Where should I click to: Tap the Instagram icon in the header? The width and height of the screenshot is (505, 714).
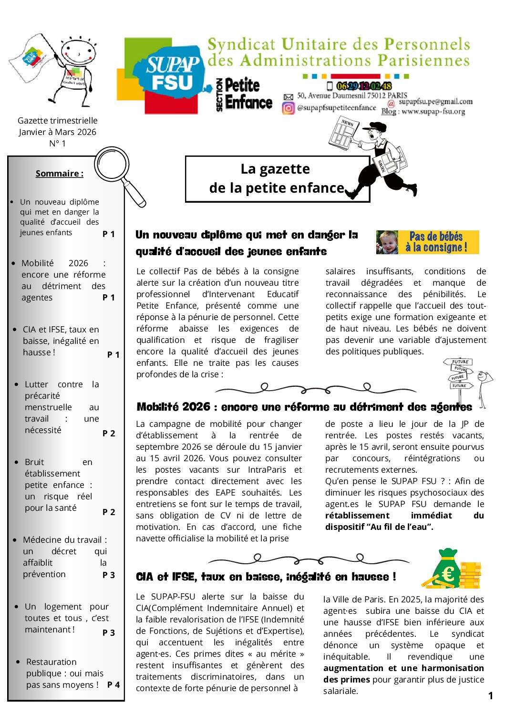289,108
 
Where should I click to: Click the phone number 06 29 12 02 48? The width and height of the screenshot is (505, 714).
364,86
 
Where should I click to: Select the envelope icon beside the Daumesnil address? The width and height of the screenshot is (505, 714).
289,97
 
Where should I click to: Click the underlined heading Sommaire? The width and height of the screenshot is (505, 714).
59,174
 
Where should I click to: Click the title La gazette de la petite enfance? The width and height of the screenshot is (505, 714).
277,179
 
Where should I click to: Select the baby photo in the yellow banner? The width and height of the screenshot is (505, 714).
387,242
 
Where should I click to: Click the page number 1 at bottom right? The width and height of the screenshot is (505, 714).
490,696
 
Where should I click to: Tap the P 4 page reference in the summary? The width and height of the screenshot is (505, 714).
113,685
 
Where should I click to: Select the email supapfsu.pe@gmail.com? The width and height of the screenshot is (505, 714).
435,102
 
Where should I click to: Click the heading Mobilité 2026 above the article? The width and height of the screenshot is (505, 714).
304,407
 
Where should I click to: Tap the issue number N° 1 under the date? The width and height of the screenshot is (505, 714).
57,144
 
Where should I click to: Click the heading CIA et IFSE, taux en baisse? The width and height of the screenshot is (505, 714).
266,577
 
